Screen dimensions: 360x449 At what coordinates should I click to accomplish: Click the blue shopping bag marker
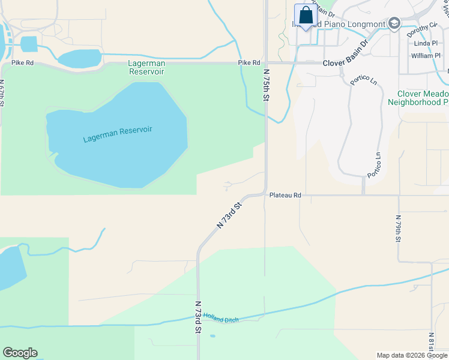[x=306, y=16]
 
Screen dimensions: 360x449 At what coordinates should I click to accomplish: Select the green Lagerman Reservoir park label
[x=146, y=67]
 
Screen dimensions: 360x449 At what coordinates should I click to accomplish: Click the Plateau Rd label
[x=285, y=195]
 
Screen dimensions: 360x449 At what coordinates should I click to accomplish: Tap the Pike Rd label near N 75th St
[x=249, y=62]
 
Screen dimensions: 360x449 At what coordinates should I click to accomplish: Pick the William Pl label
[x=426, y=56]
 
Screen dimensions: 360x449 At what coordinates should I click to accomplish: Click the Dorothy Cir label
[x=421, y=29]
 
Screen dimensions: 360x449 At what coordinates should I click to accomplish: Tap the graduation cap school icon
[x=394, y=23]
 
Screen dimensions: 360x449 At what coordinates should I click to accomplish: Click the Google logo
[x=20, y=353]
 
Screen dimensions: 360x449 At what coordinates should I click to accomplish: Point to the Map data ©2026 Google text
[x=411, y=355]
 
